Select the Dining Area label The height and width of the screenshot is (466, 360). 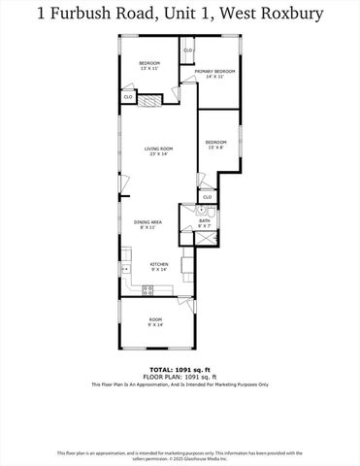click(x=147, y=224)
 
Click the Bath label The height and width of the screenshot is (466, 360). click(x=205, y=222)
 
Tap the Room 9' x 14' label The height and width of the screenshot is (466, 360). click(x=155, y=321)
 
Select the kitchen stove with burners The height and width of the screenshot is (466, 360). click(x=147, y=288)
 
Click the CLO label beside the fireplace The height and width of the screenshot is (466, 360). click(x=128, y=97)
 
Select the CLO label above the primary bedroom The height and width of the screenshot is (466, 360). click(x=188, y=50)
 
